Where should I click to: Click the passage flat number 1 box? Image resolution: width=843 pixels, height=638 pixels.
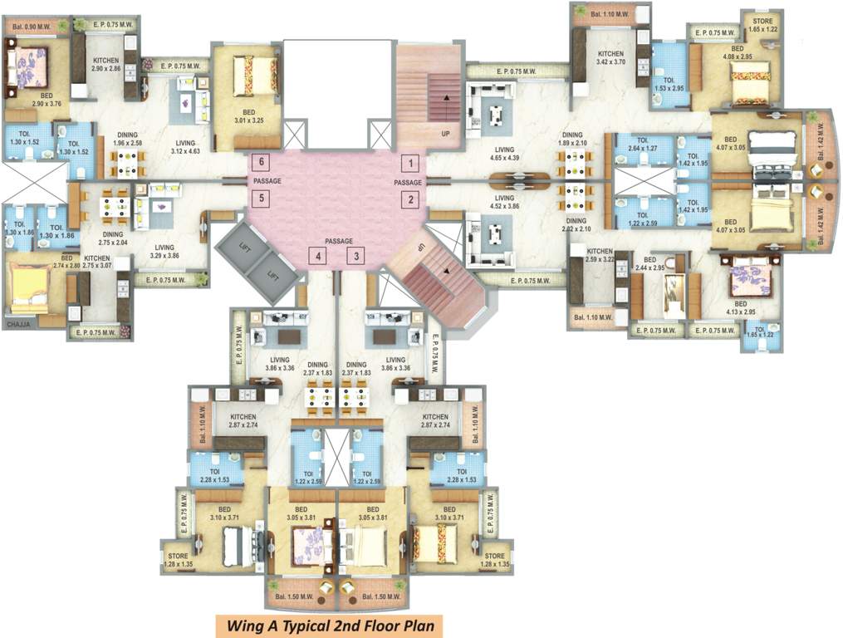pos(409,163)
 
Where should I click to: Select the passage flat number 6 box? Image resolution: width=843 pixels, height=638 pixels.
pos(262,162)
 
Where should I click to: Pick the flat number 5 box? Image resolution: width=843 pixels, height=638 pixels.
pos(262,199)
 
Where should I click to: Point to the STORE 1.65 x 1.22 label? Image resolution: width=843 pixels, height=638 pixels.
pos(762,25)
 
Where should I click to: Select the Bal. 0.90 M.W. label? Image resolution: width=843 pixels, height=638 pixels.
pos(37,27)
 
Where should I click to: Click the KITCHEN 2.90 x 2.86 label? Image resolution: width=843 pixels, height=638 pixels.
pos(105,65)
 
